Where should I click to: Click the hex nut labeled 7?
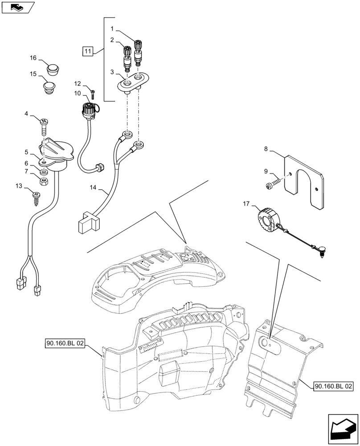point(45,181)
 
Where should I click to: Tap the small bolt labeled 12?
point(93,94)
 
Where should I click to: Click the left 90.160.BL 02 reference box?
point(65,344)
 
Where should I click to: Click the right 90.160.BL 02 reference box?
point(333,385)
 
